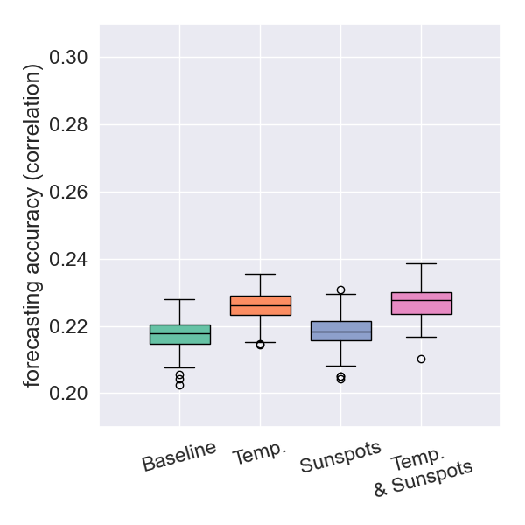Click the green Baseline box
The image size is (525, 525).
[180, 334]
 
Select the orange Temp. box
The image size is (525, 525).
[261, 305]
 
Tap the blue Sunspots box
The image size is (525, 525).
[341, 331]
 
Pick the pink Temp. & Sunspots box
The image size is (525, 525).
[422, 303]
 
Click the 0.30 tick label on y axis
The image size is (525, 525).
[69, 58]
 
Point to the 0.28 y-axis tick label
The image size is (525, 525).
[69, 125]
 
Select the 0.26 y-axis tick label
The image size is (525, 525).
[69, 192]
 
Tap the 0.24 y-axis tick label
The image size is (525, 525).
[69, 260]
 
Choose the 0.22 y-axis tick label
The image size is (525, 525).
[69, 327]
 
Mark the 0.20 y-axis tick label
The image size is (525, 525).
[69, 394]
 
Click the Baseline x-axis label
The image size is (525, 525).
[179, 456]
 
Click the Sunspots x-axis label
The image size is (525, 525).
[341, 457]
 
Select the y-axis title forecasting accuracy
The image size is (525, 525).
[32, 225]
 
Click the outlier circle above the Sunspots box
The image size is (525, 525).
[341, 290]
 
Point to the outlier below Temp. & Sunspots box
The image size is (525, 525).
[422, 359]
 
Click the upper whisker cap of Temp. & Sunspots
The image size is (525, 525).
[422, 263]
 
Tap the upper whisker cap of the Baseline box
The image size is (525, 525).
[180, 299]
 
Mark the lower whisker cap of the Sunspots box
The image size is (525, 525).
[341, 366]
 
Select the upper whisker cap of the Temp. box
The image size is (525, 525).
[261, 274]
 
